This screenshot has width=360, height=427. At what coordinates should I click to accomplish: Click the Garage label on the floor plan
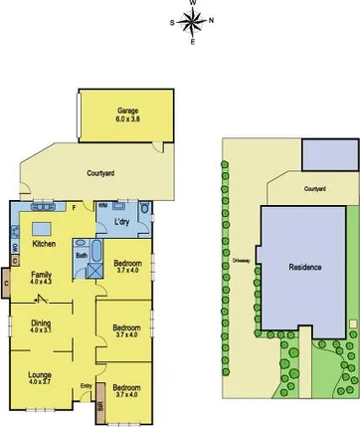[x=126, y=110]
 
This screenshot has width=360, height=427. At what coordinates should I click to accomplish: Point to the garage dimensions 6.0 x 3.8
[x=126, y=118]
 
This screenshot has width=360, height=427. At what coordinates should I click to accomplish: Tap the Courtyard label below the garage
[x=101, y=173]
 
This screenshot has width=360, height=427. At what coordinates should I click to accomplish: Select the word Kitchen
[x=43, y=244]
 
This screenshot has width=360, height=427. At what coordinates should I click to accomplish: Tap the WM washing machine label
[x=102, y=206]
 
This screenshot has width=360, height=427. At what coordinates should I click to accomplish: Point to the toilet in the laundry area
[x=145, y=211]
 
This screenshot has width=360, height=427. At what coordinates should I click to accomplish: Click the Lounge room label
[x=40, y=375]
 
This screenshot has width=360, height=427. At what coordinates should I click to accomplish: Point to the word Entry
[x=86, y=386]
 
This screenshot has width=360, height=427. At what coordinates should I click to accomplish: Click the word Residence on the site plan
[x=305, y=268]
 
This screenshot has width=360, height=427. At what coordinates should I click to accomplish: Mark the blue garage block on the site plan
[x=330, y=154]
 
